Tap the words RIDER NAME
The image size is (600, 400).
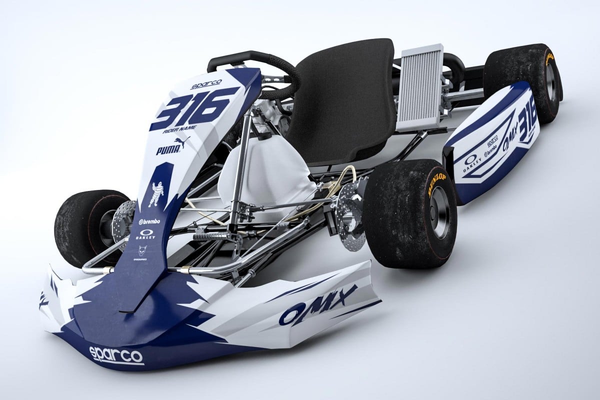(x=180, y=131)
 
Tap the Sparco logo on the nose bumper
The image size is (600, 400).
(x=116, y=354)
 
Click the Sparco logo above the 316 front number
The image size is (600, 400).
(x=206, y=83)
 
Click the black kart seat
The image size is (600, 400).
(x=345, y=100)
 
